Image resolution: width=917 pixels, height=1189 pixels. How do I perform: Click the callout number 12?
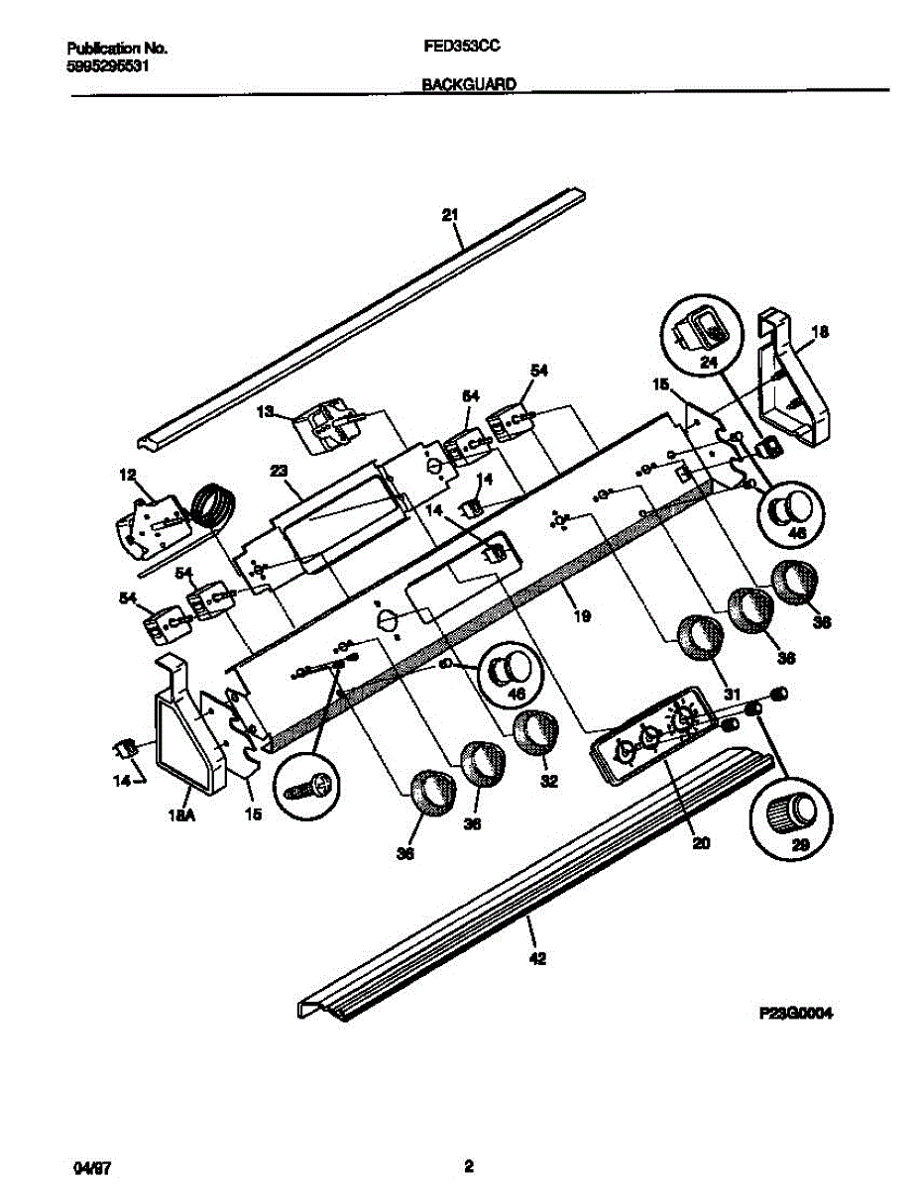point(126,476)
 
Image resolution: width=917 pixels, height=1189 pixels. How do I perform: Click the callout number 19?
point(582,615)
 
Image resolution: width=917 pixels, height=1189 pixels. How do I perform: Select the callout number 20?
point(701,843)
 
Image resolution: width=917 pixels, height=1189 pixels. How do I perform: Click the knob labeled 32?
point(535,734)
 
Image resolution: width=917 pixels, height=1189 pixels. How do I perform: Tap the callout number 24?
point(708,363)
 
